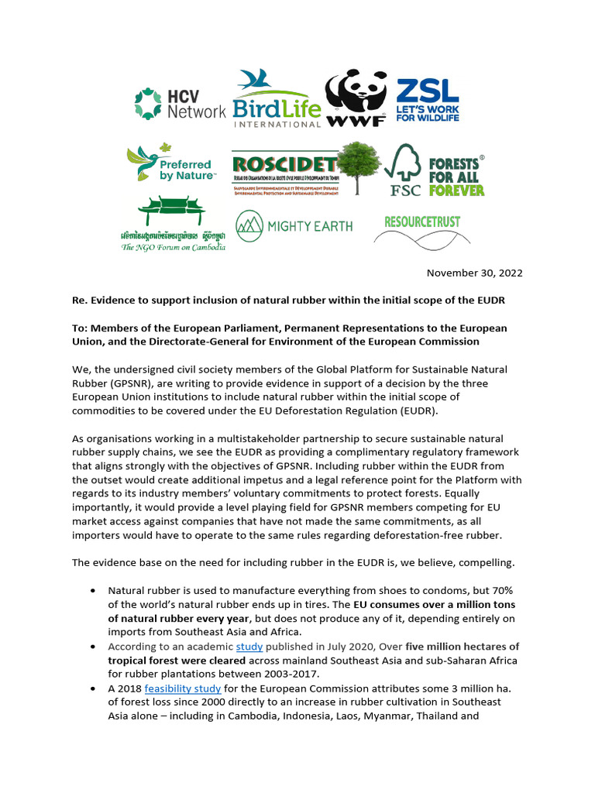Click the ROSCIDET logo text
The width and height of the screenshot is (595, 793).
point(284,165)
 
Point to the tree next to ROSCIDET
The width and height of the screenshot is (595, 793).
point(359,166)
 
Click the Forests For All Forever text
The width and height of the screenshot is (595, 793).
point(456,176)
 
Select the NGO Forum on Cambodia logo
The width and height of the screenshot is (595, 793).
point(173,225)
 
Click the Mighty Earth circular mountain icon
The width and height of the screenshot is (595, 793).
point(249,225)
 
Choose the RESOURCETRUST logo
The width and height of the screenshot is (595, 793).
point(422,221)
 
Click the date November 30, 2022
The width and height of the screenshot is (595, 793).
point(475,273)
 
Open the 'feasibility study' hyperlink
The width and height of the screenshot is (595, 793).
point(183,688)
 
